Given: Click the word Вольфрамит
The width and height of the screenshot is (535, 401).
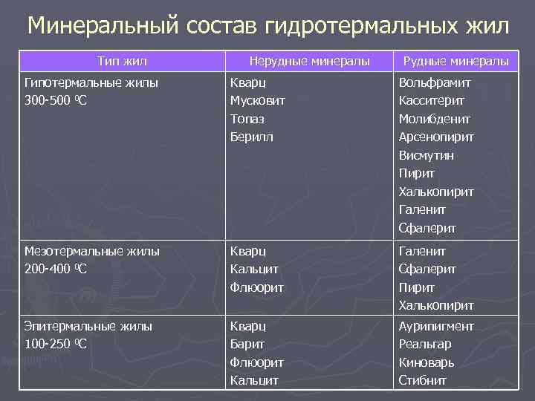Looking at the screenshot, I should (x=434, y=83).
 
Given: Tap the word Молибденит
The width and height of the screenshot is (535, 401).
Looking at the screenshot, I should (x=434, y=119).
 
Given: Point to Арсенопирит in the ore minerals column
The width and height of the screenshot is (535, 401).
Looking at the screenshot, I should (x=436, y=137).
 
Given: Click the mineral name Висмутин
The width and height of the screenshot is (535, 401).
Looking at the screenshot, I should (x=426, y=155).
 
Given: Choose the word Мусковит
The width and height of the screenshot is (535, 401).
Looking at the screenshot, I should (x=258, y=101).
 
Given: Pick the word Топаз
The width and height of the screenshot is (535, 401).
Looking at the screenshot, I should (x=247, y=119).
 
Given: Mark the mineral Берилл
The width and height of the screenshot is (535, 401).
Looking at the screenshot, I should (x=252, y=137).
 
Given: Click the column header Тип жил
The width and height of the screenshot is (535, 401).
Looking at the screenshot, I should (x=123, y=61).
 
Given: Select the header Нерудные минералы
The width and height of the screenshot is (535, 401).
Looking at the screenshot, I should (x=309, y=61).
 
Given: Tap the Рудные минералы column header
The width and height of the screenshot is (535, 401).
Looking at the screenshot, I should (x=455, y=61).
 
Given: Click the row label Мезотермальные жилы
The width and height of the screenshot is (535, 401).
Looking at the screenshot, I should (x=92, y=252).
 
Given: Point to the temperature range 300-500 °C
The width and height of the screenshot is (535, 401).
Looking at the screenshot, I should (x=56, y=101).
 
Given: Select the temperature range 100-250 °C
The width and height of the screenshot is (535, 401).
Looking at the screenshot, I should (x=56, y=344).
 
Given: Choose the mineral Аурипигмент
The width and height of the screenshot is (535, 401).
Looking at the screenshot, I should (x=436, y=326).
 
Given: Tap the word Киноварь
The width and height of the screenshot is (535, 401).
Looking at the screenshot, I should (x=427, y=362).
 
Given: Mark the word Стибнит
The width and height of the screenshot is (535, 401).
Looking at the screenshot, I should (x=423, y=380).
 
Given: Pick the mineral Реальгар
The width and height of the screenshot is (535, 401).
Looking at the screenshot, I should (x=425, y=344).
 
